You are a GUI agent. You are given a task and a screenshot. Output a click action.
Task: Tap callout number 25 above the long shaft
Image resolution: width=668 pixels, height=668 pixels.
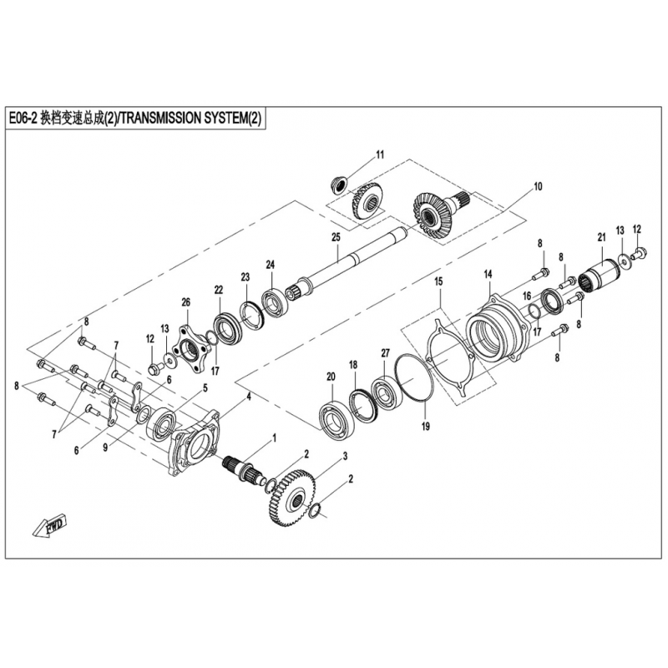337,237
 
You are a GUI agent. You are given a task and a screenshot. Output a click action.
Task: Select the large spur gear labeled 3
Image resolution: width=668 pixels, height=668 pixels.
294,497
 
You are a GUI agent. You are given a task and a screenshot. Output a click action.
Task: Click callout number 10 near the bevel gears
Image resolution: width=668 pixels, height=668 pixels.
538,186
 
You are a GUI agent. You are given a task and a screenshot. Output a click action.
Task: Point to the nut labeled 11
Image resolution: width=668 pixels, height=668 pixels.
339,185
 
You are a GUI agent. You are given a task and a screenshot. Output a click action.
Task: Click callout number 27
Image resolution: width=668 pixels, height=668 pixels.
385,353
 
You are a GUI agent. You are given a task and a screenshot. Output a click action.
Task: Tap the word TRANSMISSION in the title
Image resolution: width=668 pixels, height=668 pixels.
159,118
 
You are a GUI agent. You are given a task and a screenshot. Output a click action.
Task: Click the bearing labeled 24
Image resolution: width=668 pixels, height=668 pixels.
274,302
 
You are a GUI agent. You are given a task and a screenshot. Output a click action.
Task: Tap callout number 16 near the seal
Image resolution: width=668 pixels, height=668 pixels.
527,296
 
